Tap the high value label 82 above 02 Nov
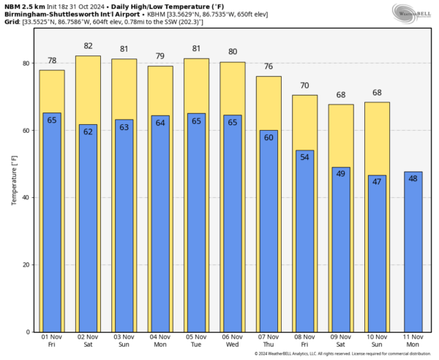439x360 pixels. (88, 46)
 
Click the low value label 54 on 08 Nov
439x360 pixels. (304, 158)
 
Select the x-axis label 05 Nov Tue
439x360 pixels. (196, 340)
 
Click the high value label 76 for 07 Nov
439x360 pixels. (269, 66)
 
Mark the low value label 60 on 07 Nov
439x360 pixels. (269, 137)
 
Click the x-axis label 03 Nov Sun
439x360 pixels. (124, 340)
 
